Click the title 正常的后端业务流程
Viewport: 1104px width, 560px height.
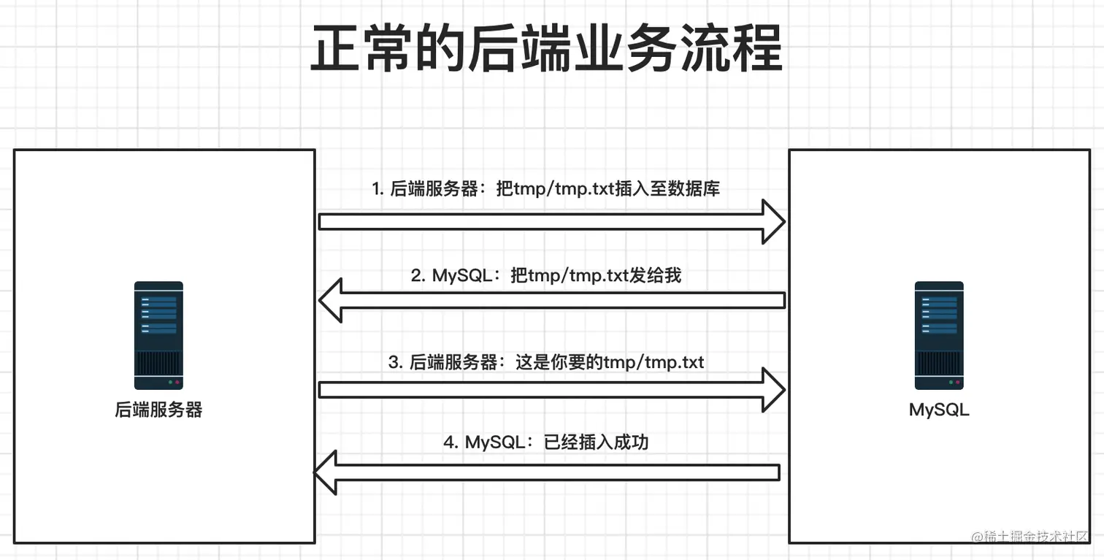[546, 49]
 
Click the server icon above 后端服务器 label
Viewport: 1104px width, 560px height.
[158, 336]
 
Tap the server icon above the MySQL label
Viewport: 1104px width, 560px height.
[939, 336]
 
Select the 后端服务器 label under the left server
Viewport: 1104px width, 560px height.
[158, 410]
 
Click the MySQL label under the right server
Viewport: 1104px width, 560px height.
[939, 410]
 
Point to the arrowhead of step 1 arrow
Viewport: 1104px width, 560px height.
[773, 222]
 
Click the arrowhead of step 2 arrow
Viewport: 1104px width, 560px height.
[331, 300]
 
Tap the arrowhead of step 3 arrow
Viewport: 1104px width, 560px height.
[773, 390]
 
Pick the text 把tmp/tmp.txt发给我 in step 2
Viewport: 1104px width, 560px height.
[596, 275]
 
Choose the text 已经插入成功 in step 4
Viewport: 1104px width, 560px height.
[597, 442]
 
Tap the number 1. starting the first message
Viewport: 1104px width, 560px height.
[377, 188]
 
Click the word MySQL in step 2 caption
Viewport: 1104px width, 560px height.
[461, 275]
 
